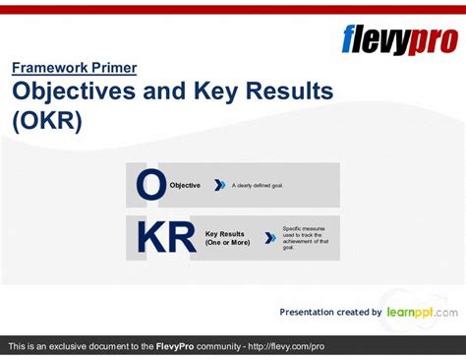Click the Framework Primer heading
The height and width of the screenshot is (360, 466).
75,68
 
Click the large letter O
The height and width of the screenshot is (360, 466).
151,185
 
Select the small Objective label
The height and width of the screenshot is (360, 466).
185,185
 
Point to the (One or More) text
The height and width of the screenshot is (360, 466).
226,243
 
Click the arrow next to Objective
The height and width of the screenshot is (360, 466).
220,185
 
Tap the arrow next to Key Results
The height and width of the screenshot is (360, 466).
270,238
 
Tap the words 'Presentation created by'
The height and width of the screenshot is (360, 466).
330,312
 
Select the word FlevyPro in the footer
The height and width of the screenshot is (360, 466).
182,347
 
